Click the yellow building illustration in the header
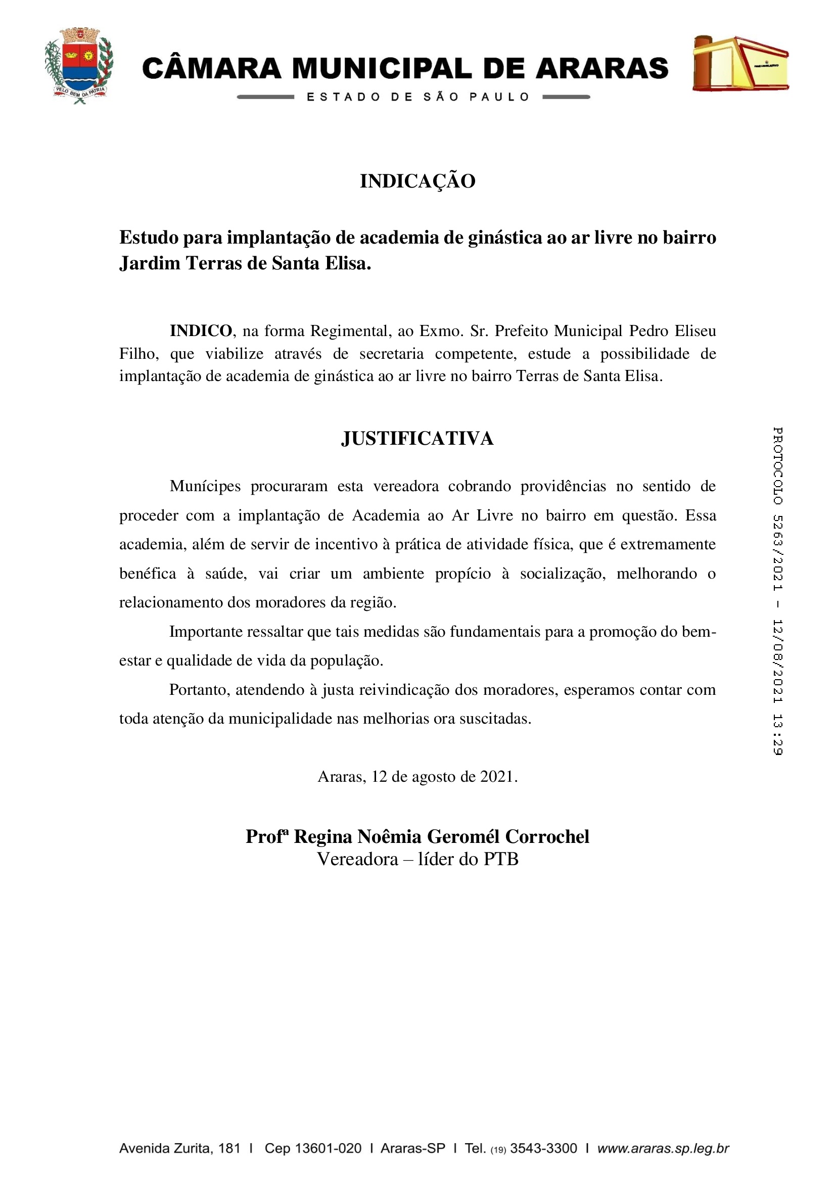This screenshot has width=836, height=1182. [740, 63]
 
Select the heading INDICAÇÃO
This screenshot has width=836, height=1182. [417, 181]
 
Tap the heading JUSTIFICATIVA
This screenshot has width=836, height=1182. [417, 439]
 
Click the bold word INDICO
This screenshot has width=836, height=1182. [201, 330]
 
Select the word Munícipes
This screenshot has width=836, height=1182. [205, 486]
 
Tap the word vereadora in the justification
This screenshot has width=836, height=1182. [406, 486]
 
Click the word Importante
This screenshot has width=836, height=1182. [206, 631]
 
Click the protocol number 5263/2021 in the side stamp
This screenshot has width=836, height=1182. [777, 553]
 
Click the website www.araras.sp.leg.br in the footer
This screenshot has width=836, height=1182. [663, 1148]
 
